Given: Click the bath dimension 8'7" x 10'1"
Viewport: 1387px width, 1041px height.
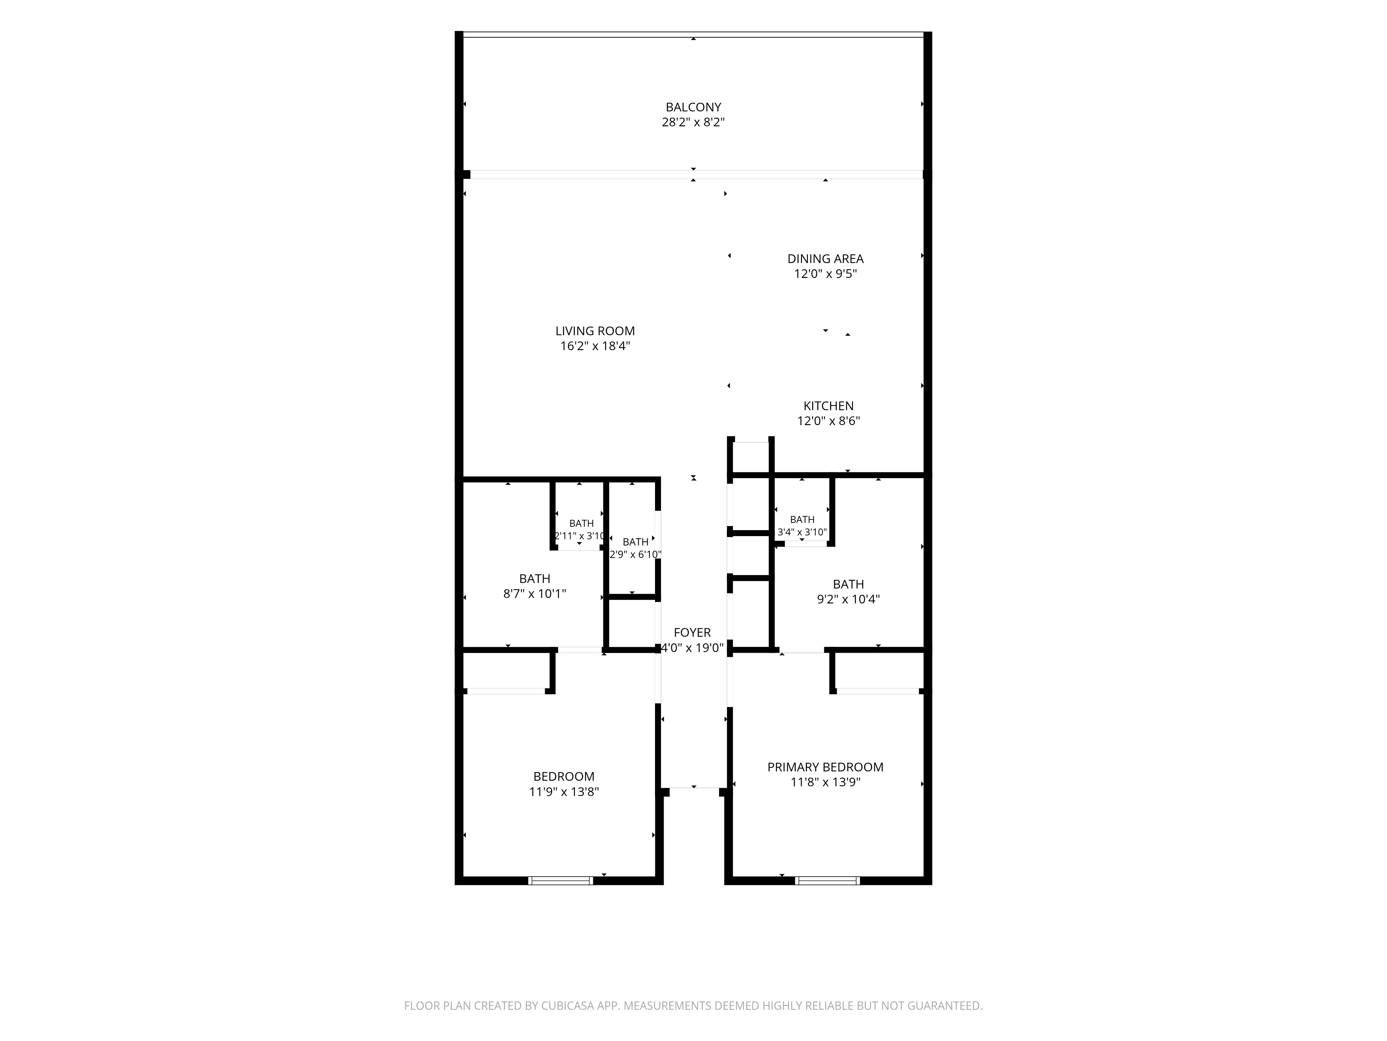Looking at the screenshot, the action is click(534, 594).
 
